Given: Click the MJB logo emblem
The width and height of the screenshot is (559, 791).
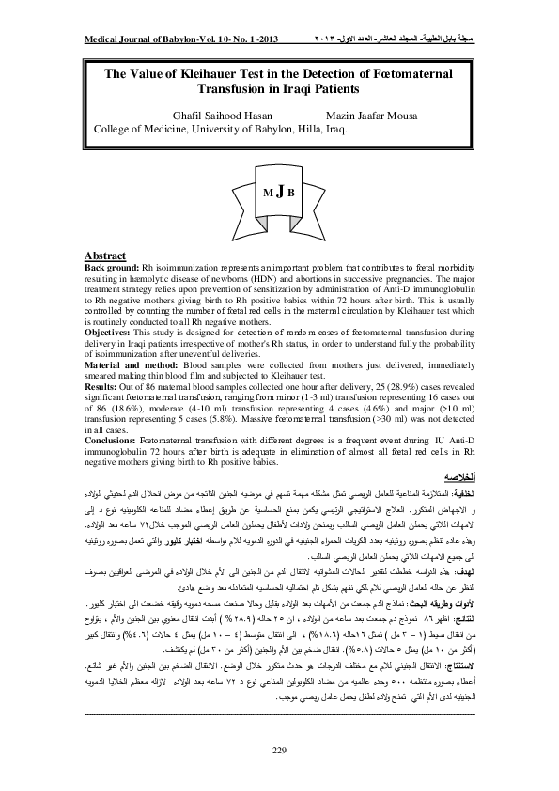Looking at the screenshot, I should point(279,191).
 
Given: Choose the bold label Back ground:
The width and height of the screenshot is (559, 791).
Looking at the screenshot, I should point(114,268).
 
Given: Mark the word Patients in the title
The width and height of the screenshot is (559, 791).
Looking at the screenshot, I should point(325,89).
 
